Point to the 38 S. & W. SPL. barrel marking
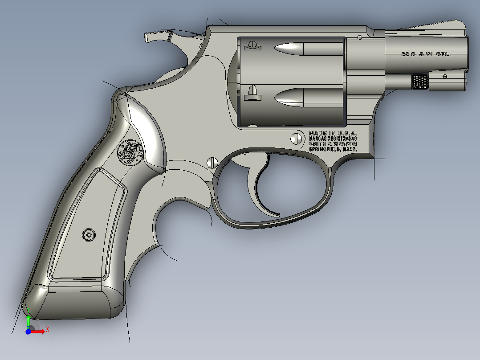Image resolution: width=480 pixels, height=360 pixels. (x=426, y=54)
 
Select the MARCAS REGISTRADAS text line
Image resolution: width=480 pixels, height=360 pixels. (x=333, y=139)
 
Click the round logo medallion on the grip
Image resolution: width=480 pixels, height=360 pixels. (x=130, y=152)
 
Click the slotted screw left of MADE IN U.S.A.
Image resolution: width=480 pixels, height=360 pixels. (x=296, y=139)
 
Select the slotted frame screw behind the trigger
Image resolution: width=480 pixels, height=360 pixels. (x=212, y=162)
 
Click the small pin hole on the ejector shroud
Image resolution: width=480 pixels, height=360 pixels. (x=444, y=77)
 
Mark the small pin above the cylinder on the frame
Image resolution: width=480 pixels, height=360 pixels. (x=360, y=38)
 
